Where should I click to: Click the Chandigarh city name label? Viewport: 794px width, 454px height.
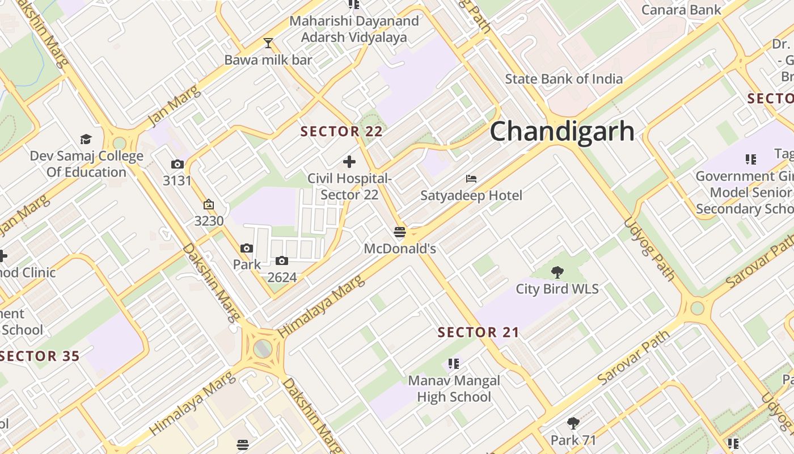(562, 131)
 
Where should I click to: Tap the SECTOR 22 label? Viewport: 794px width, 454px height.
(341, 132)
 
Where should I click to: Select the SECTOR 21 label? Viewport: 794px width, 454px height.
(478, 333)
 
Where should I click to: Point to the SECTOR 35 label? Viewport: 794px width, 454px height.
(40, 356)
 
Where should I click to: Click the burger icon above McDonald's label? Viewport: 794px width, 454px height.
(400, 232)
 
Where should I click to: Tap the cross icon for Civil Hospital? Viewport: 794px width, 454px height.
(349, 162)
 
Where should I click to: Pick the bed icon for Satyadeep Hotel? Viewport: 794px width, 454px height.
(471, 179)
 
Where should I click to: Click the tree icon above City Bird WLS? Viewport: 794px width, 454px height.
(558, 272)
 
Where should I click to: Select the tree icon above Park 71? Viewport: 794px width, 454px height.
(573, 423)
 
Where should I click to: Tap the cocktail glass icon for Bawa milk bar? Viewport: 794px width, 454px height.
(268, 43)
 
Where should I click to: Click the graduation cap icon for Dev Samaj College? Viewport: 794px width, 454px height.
(86, 139)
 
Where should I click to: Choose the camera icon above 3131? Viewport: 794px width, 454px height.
(177, 165)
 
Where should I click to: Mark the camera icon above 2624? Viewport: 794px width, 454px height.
(282, 261)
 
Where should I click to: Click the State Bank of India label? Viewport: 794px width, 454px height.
(564, 79)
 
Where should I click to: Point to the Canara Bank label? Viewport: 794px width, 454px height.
(681, 10)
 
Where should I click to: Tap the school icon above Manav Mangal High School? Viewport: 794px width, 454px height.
(453, 363)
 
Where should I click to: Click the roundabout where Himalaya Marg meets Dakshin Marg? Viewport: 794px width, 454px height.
(263, 347)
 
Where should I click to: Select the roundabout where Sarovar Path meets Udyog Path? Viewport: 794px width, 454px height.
(697, 308)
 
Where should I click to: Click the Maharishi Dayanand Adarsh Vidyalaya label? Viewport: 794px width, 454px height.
(354, 29)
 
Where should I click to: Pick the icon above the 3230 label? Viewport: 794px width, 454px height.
(209, 205)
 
